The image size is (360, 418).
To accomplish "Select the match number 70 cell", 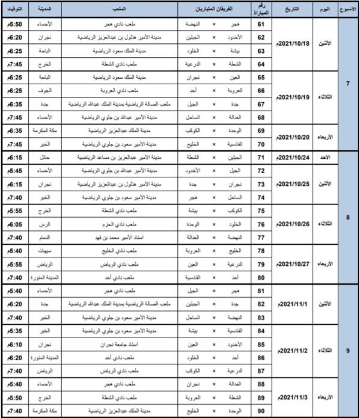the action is pyautogui.click(x=261, y=144).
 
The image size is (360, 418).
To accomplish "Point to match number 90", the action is pyautogui.click(x=261, y=410).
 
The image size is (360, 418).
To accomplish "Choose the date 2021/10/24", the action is pyautogui.click(x=294, y=158).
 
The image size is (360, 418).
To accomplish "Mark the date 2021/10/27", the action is pyautogui.click(x=294, y=263).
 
